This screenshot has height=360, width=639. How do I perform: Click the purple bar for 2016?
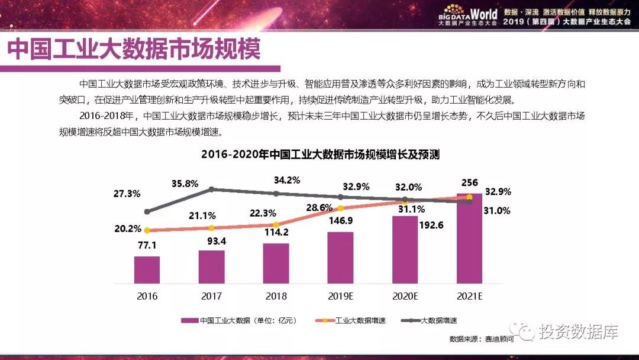tap(147, 269)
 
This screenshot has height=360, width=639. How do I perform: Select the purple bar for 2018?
tap(276, 263)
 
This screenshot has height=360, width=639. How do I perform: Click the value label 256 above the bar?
tap(470, 182)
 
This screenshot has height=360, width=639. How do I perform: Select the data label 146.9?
tap(341, 221)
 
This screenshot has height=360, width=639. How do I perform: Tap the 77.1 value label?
tap(147, 245)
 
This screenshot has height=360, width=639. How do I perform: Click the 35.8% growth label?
tap(184, 184)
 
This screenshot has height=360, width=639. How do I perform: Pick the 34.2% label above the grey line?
tap(287, 180)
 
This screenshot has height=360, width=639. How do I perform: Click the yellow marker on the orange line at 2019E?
tap(340, 208)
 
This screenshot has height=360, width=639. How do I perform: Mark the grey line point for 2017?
tap(211, 189)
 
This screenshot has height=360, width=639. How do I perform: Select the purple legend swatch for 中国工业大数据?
tap(189, 320)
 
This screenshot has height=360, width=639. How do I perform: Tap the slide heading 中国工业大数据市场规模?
tap(134, 50)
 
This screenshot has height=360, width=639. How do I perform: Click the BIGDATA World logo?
tap(467, 16)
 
